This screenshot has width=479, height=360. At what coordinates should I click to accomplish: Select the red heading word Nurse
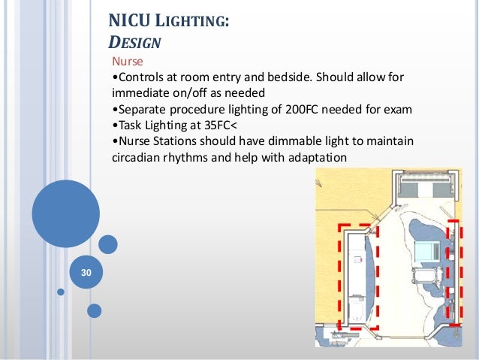127,62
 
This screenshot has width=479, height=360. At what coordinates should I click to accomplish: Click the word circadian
139,158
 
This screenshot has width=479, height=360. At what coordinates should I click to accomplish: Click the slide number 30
86,272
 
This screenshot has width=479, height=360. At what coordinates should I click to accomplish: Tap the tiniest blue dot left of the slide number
60,291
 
